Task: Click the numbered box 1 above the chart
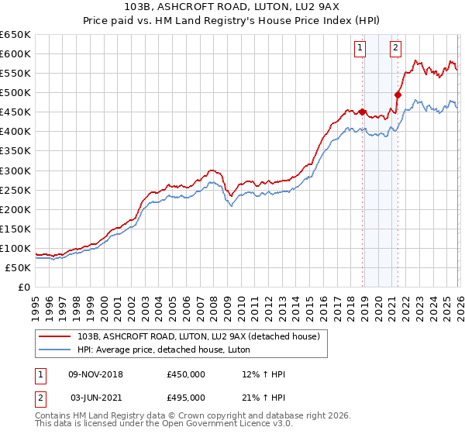tap(361, 48)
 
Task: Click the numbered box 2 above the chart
tap(395, 48)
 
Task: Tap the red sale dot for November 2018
tap(363, 112)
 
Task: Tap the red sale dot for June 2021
tap(398, 95)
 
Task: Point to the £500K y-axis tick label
tap(15, 93)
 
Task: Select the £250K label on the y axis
tap(15, 190)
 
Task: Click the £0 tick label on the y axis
tap(24, 287)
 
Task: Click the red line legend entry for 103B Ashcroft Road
tap(193, 336)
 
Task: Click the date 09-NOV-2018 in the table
tap(96, 374)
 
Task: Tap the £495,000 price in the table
tap(186, 397)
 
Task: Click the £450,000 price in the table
tap(186, 374)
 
